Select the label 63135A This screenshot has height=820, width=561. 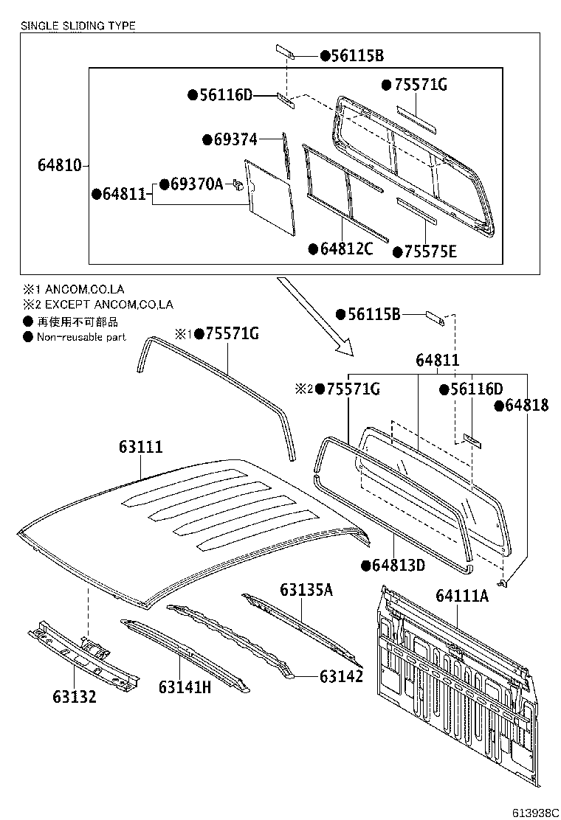306,589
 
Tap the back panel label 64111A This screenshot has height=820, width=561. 462,595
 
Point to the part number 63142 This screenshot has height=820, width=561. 342,675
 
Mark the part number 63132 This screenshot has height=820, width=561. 75,696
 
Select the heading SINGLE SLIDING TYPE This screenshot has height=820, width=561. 78,26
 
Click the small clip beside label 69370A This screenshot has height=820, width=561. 238,184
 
